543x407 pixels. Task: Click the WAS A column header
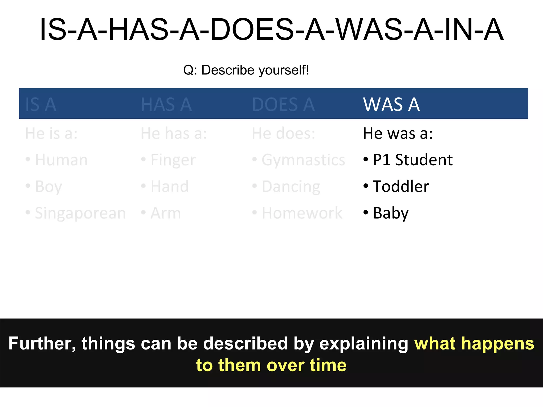(x=391, y=104)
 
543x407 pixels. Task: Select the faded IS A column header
(x=41, y=104)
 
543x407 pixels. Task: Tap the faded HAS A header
(x=166, y=104)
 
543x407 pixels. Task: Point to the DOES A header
(x=283, y=104)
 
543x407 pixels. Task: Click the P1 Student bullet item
(x=412, y=160)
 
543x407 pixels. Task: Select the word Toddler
(x=401, y=186)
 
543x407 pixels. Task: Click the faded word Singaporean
(x=80, y=213)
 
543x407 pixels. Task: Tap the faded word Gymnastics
(x=303, y=160)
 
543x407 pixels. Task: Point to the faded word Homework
(x=302, y=213)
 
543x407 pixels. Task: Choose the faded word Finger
(x=173, y=160)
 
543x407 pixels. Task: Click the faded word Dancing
(x=291, y=187)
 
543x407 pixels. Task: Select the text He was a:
(x=397, y=133)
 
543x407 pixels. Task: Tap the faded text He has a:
(x=173, y=133)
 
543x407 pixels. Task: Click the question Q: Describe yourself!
(x=246, y=70)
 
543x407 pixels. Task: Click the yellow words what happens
(x=474, y=343)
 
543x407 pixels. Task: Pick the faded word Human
(x=61, y=160)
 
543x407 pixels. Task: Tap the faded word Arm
(x=165, y=213)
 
